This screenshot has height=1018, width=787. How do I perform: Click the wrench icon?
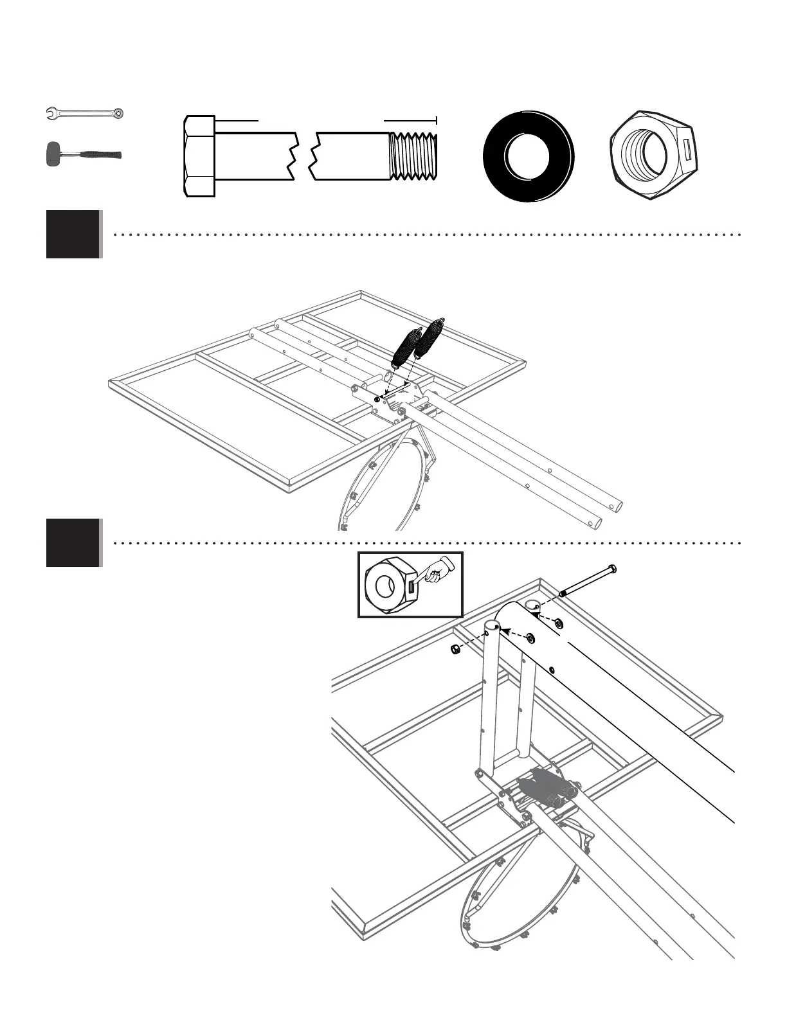tap(85, 114)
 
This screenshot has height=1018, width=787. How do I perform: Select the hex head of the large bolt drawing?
tap(199, 156)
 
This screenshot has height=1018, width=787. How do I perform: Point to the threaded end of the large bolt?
tap(414, 156)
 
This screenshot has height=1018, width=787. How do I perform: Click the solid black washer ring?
tap(529, 156)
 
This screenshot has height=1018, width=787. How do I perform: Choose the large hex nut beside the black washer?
tap(655, 155)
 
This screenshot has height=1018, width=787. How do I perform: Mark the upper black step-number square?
tap(73, 234)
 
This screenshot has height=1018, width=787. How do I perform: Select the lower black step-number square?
tap(73, 542)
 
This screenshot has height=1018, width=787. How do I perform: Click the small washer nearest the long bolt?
tap(557, 623)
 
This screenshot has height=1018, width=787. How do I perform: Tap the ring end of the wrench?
tap(118, 114)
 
